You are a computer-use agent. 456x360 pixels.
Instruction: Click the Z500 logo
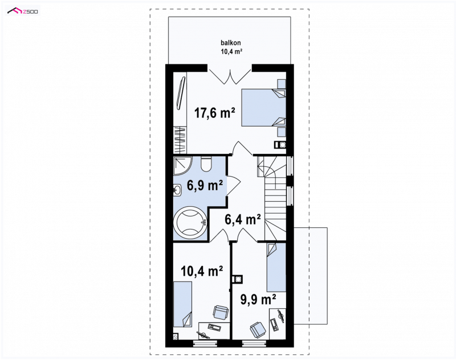[x=23, y=11]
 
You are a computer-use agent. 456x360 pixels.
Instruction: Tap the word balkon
[x=231, y=43]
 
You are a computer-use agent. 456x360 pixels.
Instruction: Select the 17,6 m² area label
[x=215, y=113]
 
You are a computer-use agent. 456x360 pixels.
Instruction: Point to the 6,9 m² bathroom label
[x=205, y=185]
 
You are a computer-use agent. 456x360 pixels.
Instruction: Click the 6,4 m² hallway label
[x=243, y=219]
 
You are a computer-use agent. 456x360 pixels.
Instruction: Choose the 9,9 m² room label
[x=258, y=299]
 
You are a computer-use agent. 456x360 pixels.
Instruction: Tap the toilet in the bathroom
[x=207, y=164]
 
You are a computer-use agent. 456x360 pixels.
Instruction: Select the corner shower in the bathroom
[x=182, y=165]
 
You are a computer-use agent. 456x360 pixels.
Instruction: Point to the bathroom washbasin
[x=177, y=191]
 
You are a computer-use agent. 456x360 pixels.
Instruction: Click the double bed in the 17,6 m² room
[x=263, y=108]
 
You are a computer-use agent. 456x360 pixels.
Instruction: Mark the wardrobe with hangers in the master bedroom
[x=180, y=140]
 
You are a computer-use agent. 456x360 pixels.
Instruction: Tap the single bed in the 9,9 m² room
[x=276, y=267]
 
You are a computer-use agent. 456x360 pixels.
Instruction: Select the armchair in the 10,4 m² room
[x=221, y=313]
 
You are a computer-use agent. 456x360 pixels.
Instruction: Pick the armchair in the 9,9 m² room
[x=258, y=329]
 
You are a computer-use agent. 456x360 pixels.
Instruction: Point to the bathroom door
[x=233, y=185]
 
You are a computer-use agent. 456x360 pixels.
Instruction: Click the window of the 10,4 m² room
[x=205, y=343]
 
